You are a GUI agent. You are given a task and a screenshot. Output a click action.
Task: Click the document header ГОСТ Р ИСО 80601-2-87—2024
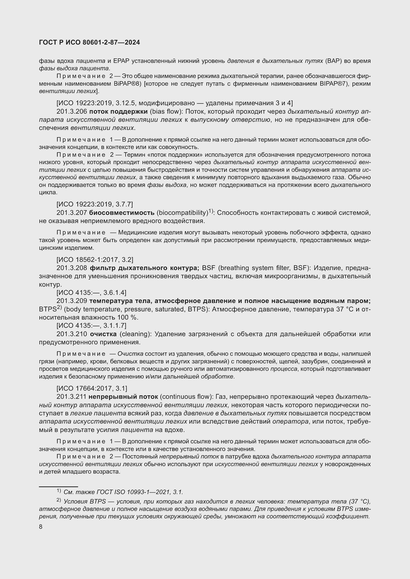tap(89, 43)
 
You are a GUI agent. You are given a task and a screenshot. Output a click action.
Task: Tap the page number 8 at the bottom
tap(41, 527)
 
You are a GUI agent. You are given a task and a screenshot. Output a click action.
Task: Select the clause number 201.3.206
tap(72, 111)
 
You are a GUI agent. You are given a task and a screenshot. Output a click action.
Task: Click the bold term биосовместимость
tap(122, 213)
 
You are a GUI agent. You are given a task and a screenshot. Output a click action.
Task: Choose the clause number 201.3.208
tap(72, 268)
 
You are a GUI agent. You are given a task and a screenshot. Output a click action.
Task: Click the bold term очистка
tap(103, 334)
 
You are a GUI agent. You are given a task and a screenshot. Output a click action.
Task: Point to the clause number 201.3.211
tap(71, 397)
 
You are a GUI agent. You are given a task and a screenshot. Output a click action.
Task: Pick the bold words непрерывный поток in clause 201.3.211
tap(123, 397)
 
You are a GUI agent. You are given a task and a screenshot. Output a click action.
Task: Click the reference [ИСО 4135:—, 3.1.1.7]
tap(91, 326)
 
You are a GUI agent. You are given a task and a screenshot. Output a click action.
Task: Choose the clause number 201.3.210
tap(71, 334)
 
